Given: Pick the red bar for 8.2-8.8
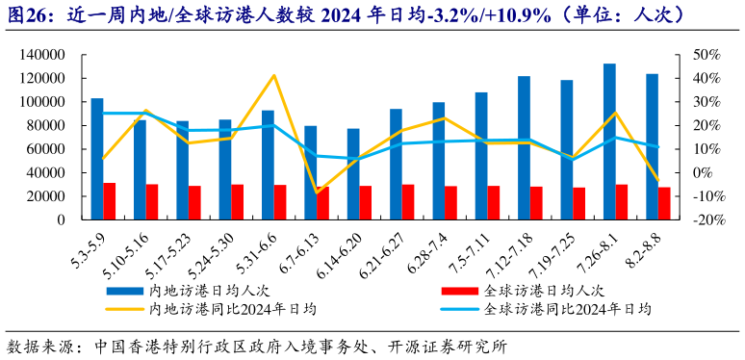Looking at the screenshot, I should pyautogui.click(x=664, y=203).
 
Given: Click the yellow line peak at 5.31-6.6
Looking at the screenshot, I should pyautogui.click(x=274, y=75).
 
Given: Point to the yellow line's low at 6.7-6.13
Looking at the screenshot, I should pyautogui.click(x=317, y=193).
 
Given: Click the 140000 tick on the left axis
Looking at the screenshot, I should pyautogui.click(x=41, y=55).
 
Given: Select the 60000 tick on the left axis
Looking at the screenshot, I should pyautogui.click(x=45, y=149).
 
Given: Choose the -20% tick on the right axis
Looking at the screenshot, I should pyautogui.click(x=707, y=219).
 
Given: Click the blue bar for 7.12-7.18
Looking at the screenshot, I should pyautogui.click(x=524, y=147).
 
